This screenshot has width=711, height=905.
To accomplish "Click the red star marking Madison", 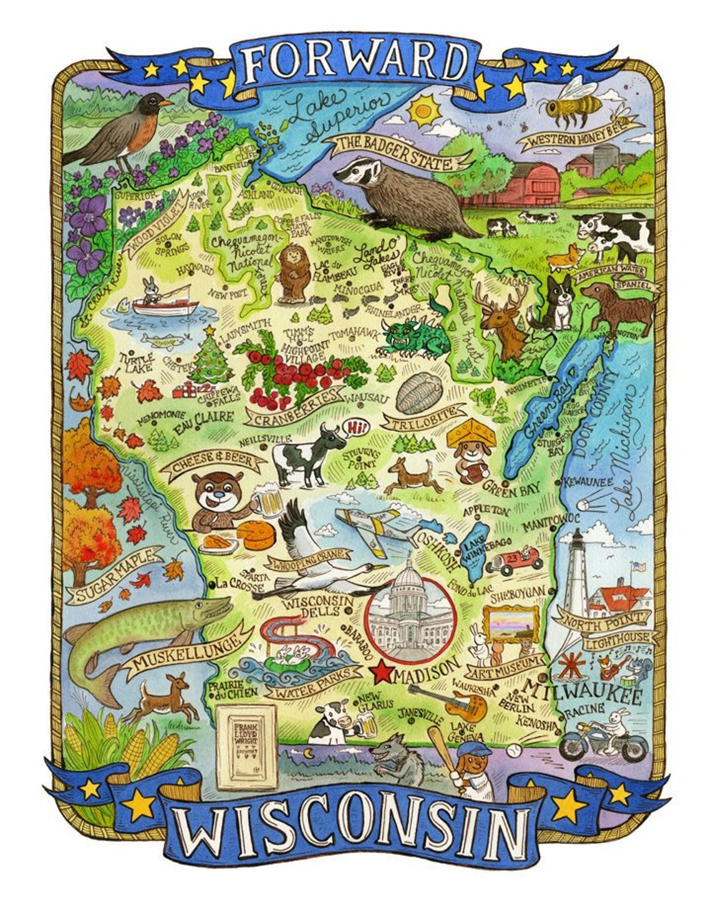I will tap(381, 673).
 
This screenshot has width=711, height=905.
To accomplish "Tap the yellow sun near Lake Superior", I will tap(423, 110).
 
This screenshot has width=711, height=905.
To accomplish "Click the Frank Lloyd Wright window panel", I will tap(245, 743).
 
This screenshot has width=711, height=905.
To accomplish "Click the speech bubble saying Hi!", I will tap(357, 426).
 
